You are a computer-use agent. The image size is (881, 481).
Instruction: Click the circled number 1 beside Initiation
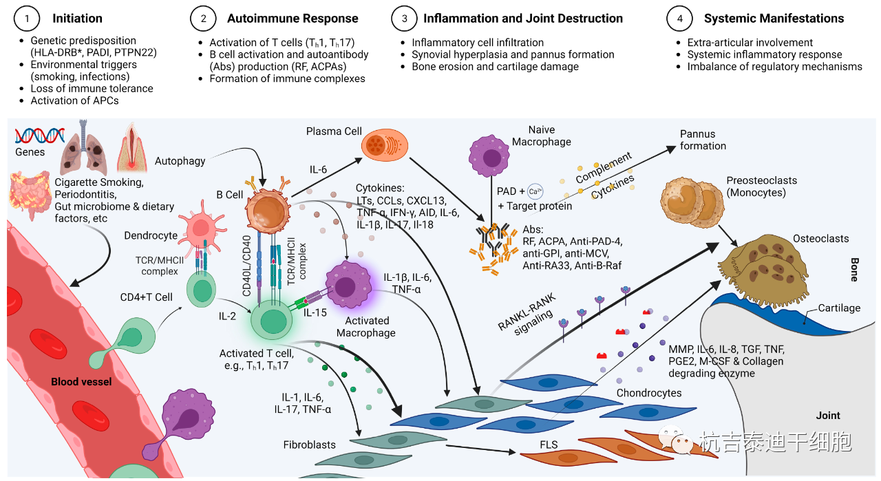tap(27, 19)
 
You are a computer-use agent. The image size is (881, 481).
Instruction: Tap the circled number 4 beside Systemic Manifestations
tap(680, 19)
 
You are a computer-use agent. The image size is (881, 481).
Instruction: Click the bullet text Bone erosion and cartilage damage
tap(495, 67)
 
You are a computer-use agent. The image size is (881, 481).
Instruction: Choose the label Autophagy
tap(180, 161)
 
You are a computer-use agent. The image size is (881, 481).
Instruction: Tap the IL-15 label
tap(315, 312)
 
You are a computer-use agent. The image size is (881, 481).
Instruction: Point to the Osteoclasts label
tap(820, 239)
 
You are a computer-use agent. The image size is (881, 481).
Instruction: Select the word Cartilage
tap(839, 308)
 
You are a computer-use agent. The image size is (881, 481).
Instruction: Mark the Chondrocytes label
tap(648, 393)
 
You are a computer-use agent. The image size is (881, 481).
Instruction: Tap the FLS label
tap(549, 456)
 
